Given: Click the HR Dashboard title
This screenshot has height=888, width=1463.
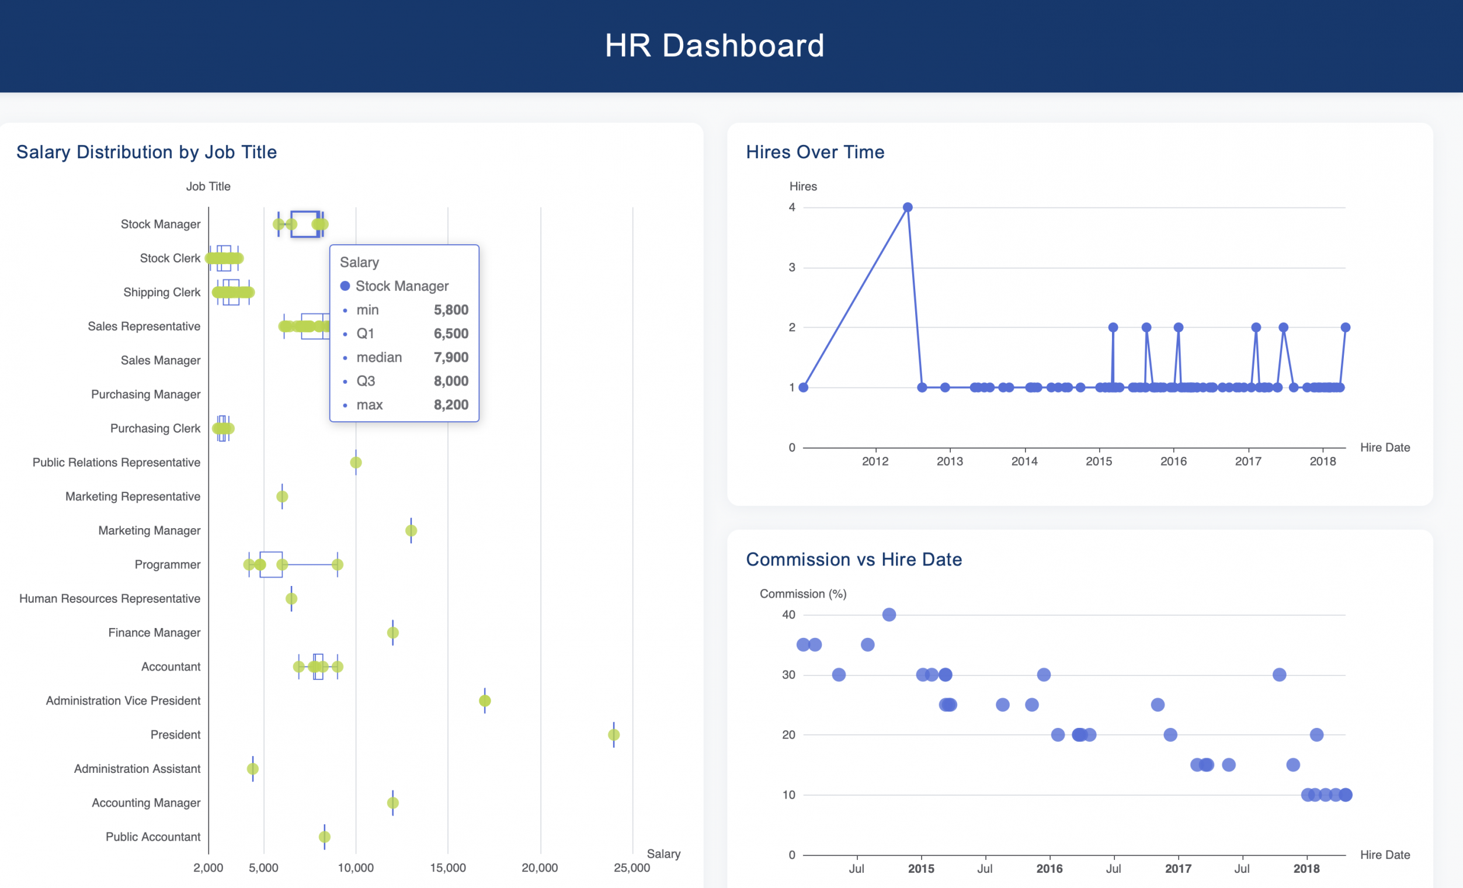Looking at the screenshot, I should click(714, 46).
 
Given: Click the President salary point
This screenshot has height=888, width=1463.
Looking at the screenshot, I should click(613, 735).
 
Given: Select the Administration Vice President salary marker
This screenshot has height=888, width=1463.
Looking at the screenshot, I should click(485, 701).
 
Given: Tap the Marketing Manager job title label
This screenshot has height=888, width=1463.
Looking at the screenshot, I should click(149, 530).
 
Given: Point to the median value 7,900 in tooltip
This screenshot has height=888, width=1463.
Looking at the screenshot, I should click(451, 358).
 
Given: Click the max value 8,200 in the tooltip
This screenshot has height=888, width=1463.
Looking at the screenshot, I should click(451, 405).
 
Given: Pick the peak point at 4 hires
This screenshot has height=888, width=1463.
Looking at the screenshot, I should click(907, 207).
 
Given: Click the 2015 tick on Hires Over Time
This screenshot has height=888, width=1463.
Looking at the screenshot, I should click(1099, 461).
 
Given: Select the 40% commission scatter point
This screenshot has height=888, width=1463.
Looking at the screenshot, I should click(889, 615).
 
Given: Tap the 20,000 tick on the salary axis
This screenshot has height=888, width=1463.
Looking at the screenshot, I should click(539, 868).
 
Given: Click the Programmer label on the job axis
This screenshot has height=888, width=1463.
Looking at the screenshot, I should click(168, 564).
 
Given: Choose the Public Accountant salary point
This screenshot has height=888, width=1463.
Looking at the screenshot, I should click(324, 837).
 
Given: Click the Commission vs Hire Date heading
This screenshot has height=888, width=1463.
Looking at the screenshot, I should click(854, 560).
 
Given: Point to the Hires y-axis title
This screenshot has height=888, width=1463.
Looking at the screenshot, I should click(802, 186).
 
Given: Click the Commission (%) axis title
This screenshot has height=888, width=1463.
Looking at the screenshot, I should click(802, 594).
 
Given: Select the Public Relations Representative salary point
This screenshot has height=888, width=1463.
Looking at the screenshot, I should click(356, 462).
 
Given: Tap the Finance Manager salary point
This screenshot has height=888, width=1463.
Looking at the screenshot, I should click(392, 633).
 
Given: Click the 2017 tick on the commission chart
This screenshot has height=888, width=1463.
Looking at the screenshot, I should click(1178, 868).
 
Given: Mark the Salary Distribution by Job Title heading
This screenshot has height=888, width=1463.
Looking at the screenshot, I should click(147, 152).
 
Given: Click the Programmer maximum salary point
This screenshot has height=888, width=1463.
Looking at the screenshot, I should click(337, 564).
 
